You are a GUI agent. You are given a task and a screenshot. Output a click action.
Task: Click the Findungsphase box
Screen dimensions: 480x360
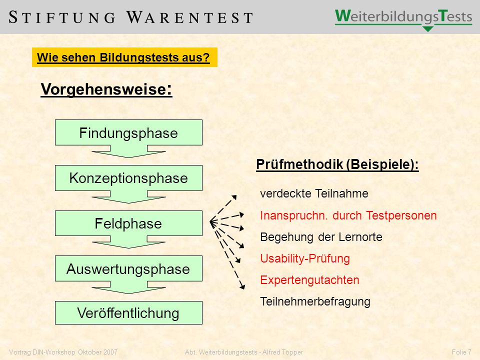pyautogui.click(x=128, y=132)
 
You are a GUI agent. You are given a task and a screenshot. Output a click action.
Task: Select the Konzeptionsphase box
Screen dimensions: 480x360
pyautogui.click(x=128, y=178)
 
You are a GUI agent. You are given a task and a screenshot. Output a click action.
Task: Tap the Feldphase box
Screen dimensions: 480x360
pyautogui.click(x=128, y=223)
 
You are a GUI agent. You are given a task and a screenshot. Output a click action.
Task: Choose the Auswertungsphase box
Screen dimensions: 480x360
pyautogui.click(x=128, y=268)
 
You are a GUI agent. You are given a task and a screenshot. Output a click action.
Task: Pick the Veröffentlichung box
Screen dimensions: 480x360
pyautogui.click(x=128, y=312)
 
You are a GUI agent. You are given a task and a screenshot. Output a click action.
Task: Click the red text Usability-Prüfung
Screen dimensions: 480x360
pyautogui.click(x=305, y=258)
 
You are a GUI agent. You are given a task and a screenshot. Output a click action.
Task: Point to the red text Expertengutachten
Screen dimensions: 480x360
pyautogui.click(x=309, y=280)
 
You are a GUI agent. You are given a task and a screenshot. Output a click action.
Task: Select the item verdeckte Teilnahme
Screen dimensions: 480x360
pyautogui.click(x=314, y=193)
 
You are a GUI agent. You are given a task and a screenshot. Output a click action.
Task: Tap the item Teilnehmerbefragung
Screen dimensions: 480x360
pyautogui.click(x=315, y=301)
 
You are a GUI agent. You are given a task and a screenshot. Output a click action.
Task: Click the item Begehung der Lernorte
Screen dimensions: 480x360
pyautogui.click(x=321, y=237)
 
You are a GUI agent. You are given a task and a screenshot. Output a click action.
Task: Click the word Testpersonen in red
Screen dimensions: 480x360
pyautogui.click(x=401, y=215)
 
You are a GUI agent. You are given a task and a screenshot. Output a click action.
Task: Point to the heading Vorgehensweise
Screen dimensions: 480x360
pyautogui.click(x=106, y=89)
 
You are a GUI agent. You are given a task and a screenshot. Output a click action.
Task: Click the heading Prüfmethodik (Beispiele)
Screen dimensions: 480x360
pyautogui.click(x=337, y=164)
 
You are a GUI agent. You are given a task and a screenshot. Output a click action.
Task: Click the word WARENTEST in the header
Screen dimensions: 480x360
pyautogui.click(x=190, y=17)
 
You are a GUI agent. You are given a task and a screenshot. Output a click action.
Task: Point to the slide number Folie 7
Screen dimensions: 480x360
pyautogui.click(x=461, y=352)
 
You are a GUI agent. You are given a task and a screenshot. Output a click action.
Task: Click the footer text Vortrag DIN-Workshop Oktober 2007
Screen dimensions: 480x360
pyautogui.click(x=63, y=352)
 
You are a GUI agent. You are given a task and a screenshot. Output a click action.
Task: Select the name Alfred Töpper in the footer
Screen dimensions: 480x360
pyautogui.click(x=282, y=352)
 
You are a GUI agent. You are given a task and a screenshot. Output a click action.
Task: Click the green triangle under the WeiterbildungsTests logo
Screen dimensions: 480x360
pyautogui.click(x=427, y=29)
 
